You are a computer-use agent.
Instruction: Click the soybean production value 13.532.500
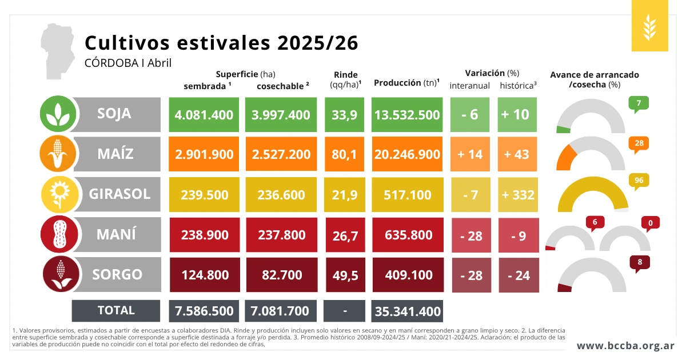click(407, 115)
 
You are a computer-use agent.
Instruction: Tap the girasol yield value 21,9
click(344, 195)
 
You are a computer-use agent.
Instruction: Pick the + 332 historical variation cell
click(517, 195)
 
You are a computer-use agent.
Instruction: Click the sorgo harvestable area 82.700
click(281, 275)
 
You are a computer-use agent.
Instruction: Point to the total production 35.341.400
click(407, 311)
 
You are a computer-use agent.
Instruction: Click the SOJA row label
click(114, 114)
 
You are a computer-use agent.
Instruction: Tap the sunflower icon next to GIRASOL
click(58, 195)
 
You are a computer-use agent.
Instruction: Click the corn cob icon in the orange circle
click(58, 154)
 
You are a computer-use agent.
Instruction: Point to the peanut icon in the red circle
click(58, 234)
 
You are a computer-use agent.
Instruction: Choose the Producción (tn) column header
click(406, 83)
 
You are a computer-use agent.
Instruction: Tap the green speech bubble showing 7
click(638, 103)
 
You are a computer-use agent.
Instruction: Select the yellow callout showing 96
click(638, 181)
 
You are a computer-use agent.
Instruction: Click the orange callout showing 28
click(638, 143)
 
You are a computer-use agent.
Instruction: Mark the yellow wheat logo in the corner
click(649, 26)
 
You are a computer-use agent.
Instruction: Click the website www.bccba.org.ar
click(625, 346)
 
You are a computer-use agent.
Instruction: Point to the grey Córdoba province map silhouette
click(58, 51)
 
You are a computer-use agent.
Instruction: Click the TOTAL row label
click(116, 310)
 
